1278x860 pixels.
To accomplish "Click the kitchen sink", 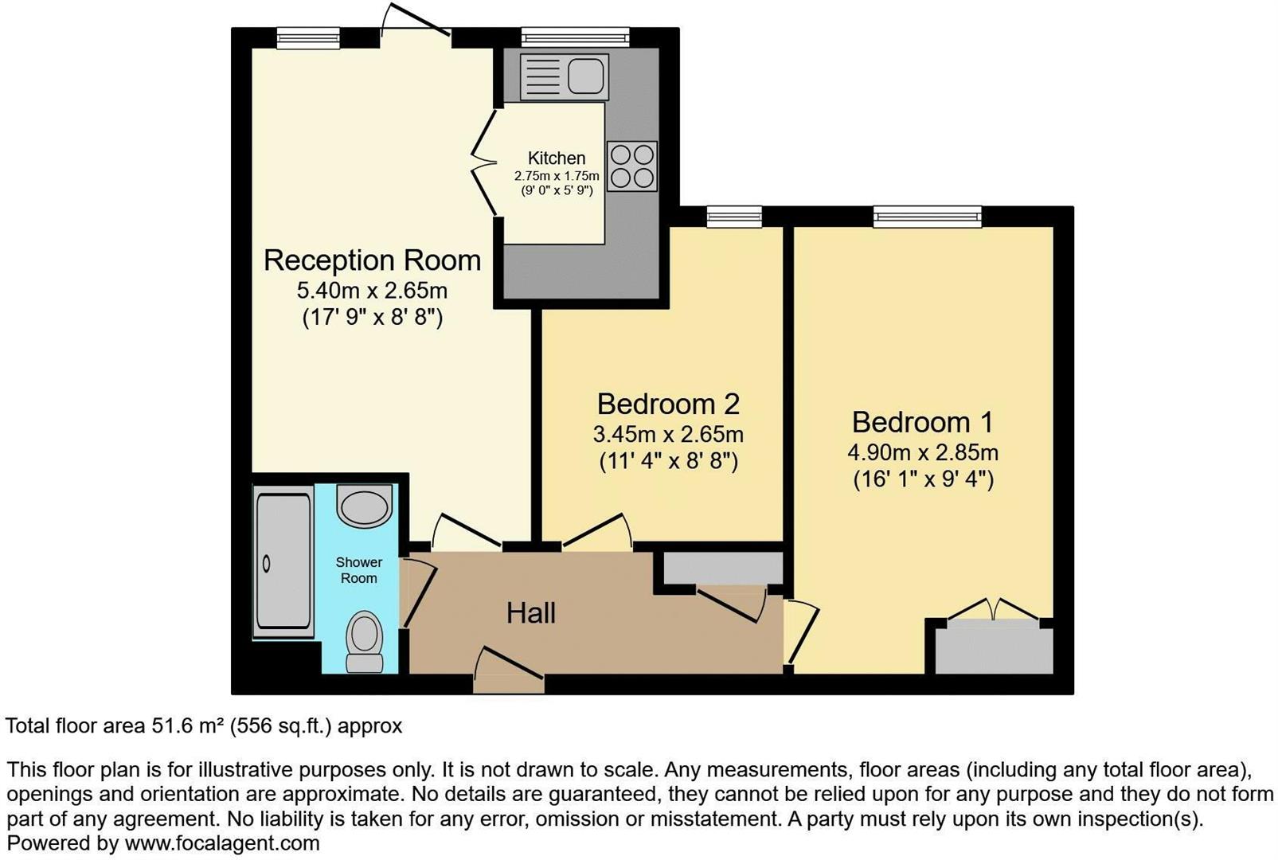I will pos(564,76).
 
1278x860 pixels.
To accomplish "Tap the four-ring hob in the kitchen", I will pos(632,166).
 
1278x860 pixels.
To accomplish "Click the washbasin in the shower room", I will pos(365,506).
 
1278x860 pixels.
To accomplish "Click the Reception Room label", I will pos(372,260).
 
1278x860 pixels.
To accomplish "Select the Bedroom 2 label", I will pos(668,404).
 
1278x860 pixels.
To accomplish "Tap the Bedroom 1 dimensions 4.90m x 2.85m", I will pos(922,452).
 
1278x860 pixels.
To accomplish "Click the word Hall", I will pos(531,613).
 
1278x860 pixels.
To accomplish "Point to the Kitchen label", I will pos(556,158).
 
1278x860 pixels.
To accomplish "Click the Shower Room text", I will pos(358,570).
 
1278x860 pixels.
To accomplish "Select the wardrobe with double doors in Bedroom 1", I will pos(993,646).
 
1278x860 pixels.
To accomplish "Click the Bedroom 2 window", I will pos(733,216).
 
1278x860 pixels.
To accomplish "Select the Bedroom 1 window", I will pos(927,216).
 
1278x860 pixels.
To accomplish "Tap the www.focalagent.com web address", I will pos(222,843).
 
